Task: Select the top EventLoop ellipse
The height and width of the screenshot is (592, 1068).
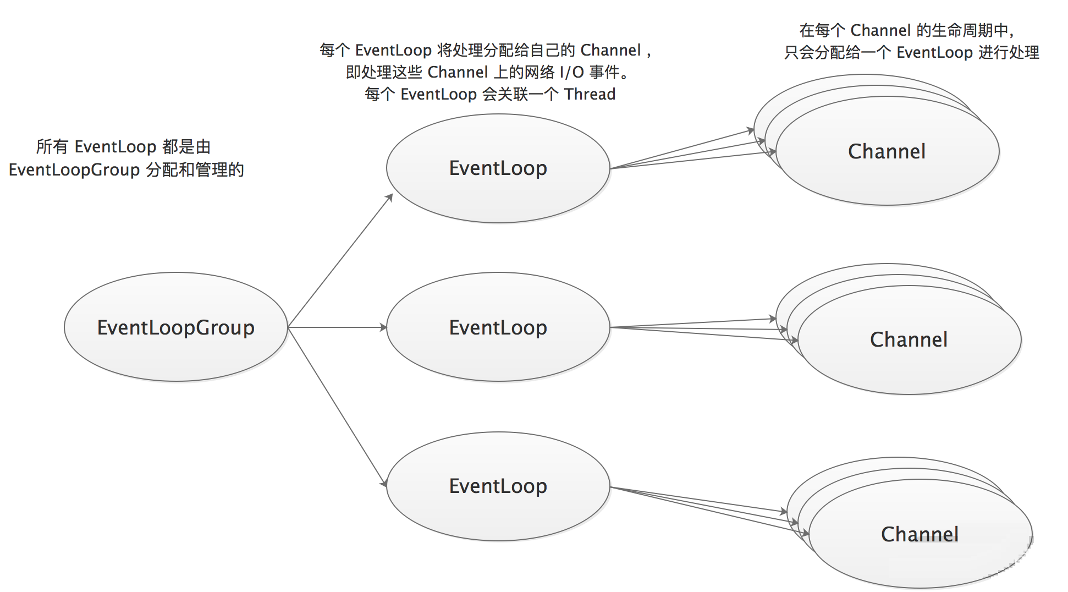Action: point(498,198)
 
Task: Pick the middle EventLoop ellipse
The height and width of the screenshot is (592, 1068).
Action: point(498,358)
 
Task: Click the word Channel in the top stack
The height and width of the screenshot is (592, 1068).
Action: point(887,151)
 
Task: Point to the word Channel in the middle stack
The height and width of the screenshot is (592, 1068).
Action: point(909,339)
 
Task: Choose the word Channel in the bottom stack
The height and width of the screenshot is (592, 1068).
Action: point(920,534)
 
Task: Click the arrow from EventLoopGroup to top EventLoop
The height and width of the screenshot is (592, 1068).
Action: point(340,261)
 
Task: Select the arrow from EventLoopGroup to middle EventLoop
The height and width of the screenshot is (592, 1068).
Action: point(337,327)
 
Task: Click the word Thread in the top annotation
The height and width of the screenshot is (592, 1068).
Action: point(590,94)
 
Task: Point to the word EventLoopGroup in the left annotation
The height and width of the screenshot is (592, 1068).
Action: point(74,169)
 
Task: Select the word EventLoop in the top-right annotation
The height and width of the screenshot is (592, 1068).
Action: point(934,52)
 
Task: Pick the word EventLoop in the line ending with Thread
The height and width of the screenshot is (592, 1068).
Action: point(438,94)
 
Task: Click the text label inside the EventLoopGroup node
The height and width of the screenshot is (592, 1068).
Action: point(176,327)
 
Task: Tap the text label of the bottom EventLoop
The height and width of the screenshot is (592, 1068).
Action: point(498,486)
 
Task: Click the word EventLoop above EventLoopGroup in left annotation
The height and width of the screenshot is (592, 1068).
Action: point(115,146)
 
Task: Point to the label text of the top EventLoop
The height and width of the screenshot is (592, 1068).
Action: point(498,168)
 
